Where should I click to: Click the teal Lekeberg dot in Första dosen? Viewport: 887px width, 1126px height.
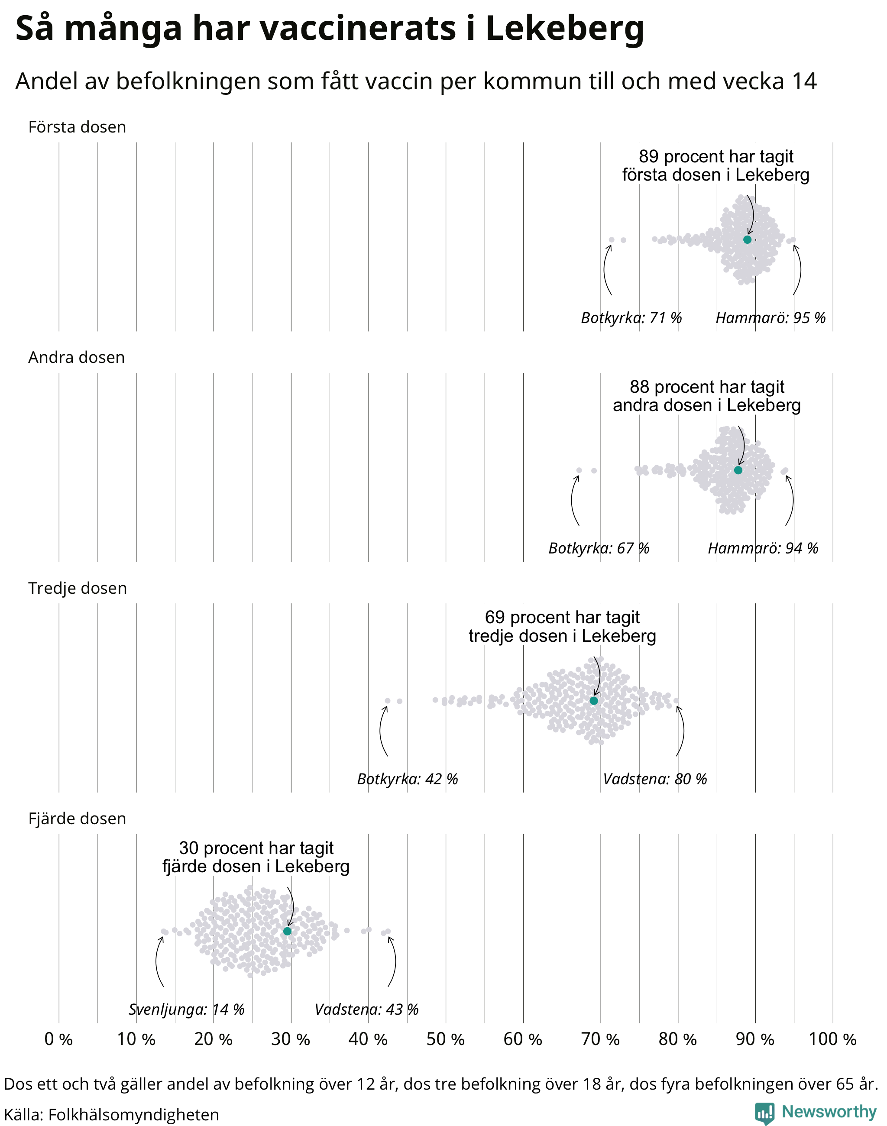[747, 239]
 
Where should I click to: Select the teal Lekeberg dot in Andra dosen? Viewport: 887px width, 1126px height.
[738, 470]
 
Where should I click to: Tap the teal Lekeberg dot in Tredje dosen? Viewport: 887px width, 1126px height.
[594, 701]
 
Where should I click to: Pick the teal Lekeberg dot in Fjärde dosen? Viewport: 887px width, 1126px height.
[287, 931]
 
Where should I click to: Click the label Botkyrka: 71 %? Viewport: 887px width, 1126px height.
[631, 317]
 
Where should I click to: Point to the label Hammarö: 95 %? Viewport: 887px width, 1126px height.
[770, 317]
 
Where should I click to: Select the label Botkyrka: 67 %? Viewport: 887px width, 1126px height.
[599, 548]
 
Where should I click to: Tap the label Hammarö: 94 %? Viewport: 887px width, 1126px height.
[763, 548]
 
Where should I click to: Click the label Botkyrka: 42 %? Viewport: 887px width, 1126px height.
[408, 779]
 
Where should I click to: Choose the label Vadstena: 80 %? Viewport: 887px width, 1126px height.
[655, 779]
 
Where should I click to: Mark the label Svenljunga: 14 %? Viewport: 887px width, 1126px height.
[186, 1009]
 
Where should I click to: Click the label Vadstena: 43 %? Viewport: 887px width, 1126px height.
[367, 1009]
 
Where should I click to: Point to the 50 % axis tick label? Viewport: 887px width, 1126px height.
[446, 1039]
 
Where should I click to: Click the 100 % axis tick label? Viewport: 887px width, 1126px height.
[832, 1039]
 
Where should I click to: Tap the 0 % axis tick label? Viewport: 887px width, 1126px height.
[58, 1039]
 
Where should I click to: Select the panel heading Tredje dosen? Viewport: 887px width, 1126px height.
[78, 588]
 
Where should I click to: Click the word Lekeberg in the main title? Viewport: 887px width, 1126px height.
[564, 29]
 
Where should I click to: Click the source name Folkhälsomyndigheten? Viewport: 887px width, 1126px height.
[134, 1115]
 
